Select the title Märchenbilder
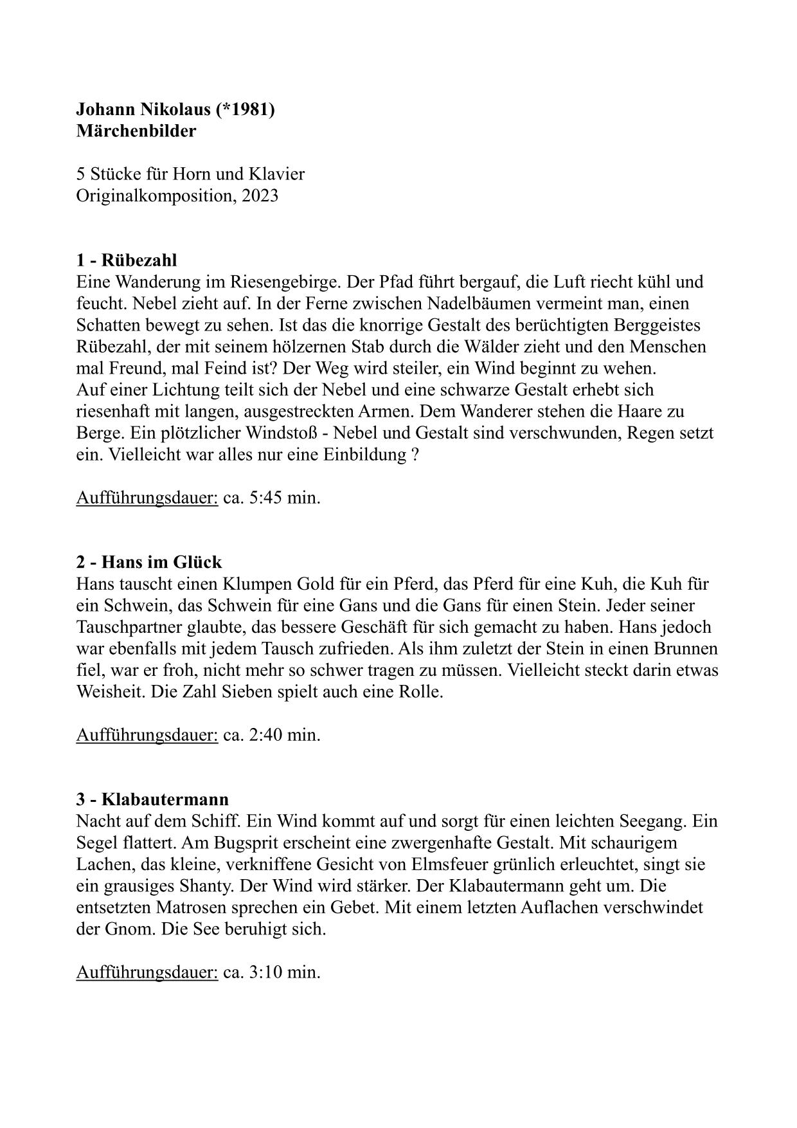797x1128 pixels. pyautogui.click(x=136, y=131)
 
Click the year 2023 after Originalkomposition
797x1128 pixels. pyautogui.click(x=260, y=196)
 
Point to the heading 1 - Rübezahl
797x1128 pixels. pyautogui.click(x=126, y=260)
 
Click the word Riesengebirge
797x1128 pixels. pyautogui.click(x=285, y=282)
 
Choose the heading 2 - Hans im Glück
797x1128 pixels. pyautogui.click(x=148, y=562)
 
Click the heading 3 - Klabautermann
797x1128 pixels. pyautogui.click(x=152, y=799)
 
